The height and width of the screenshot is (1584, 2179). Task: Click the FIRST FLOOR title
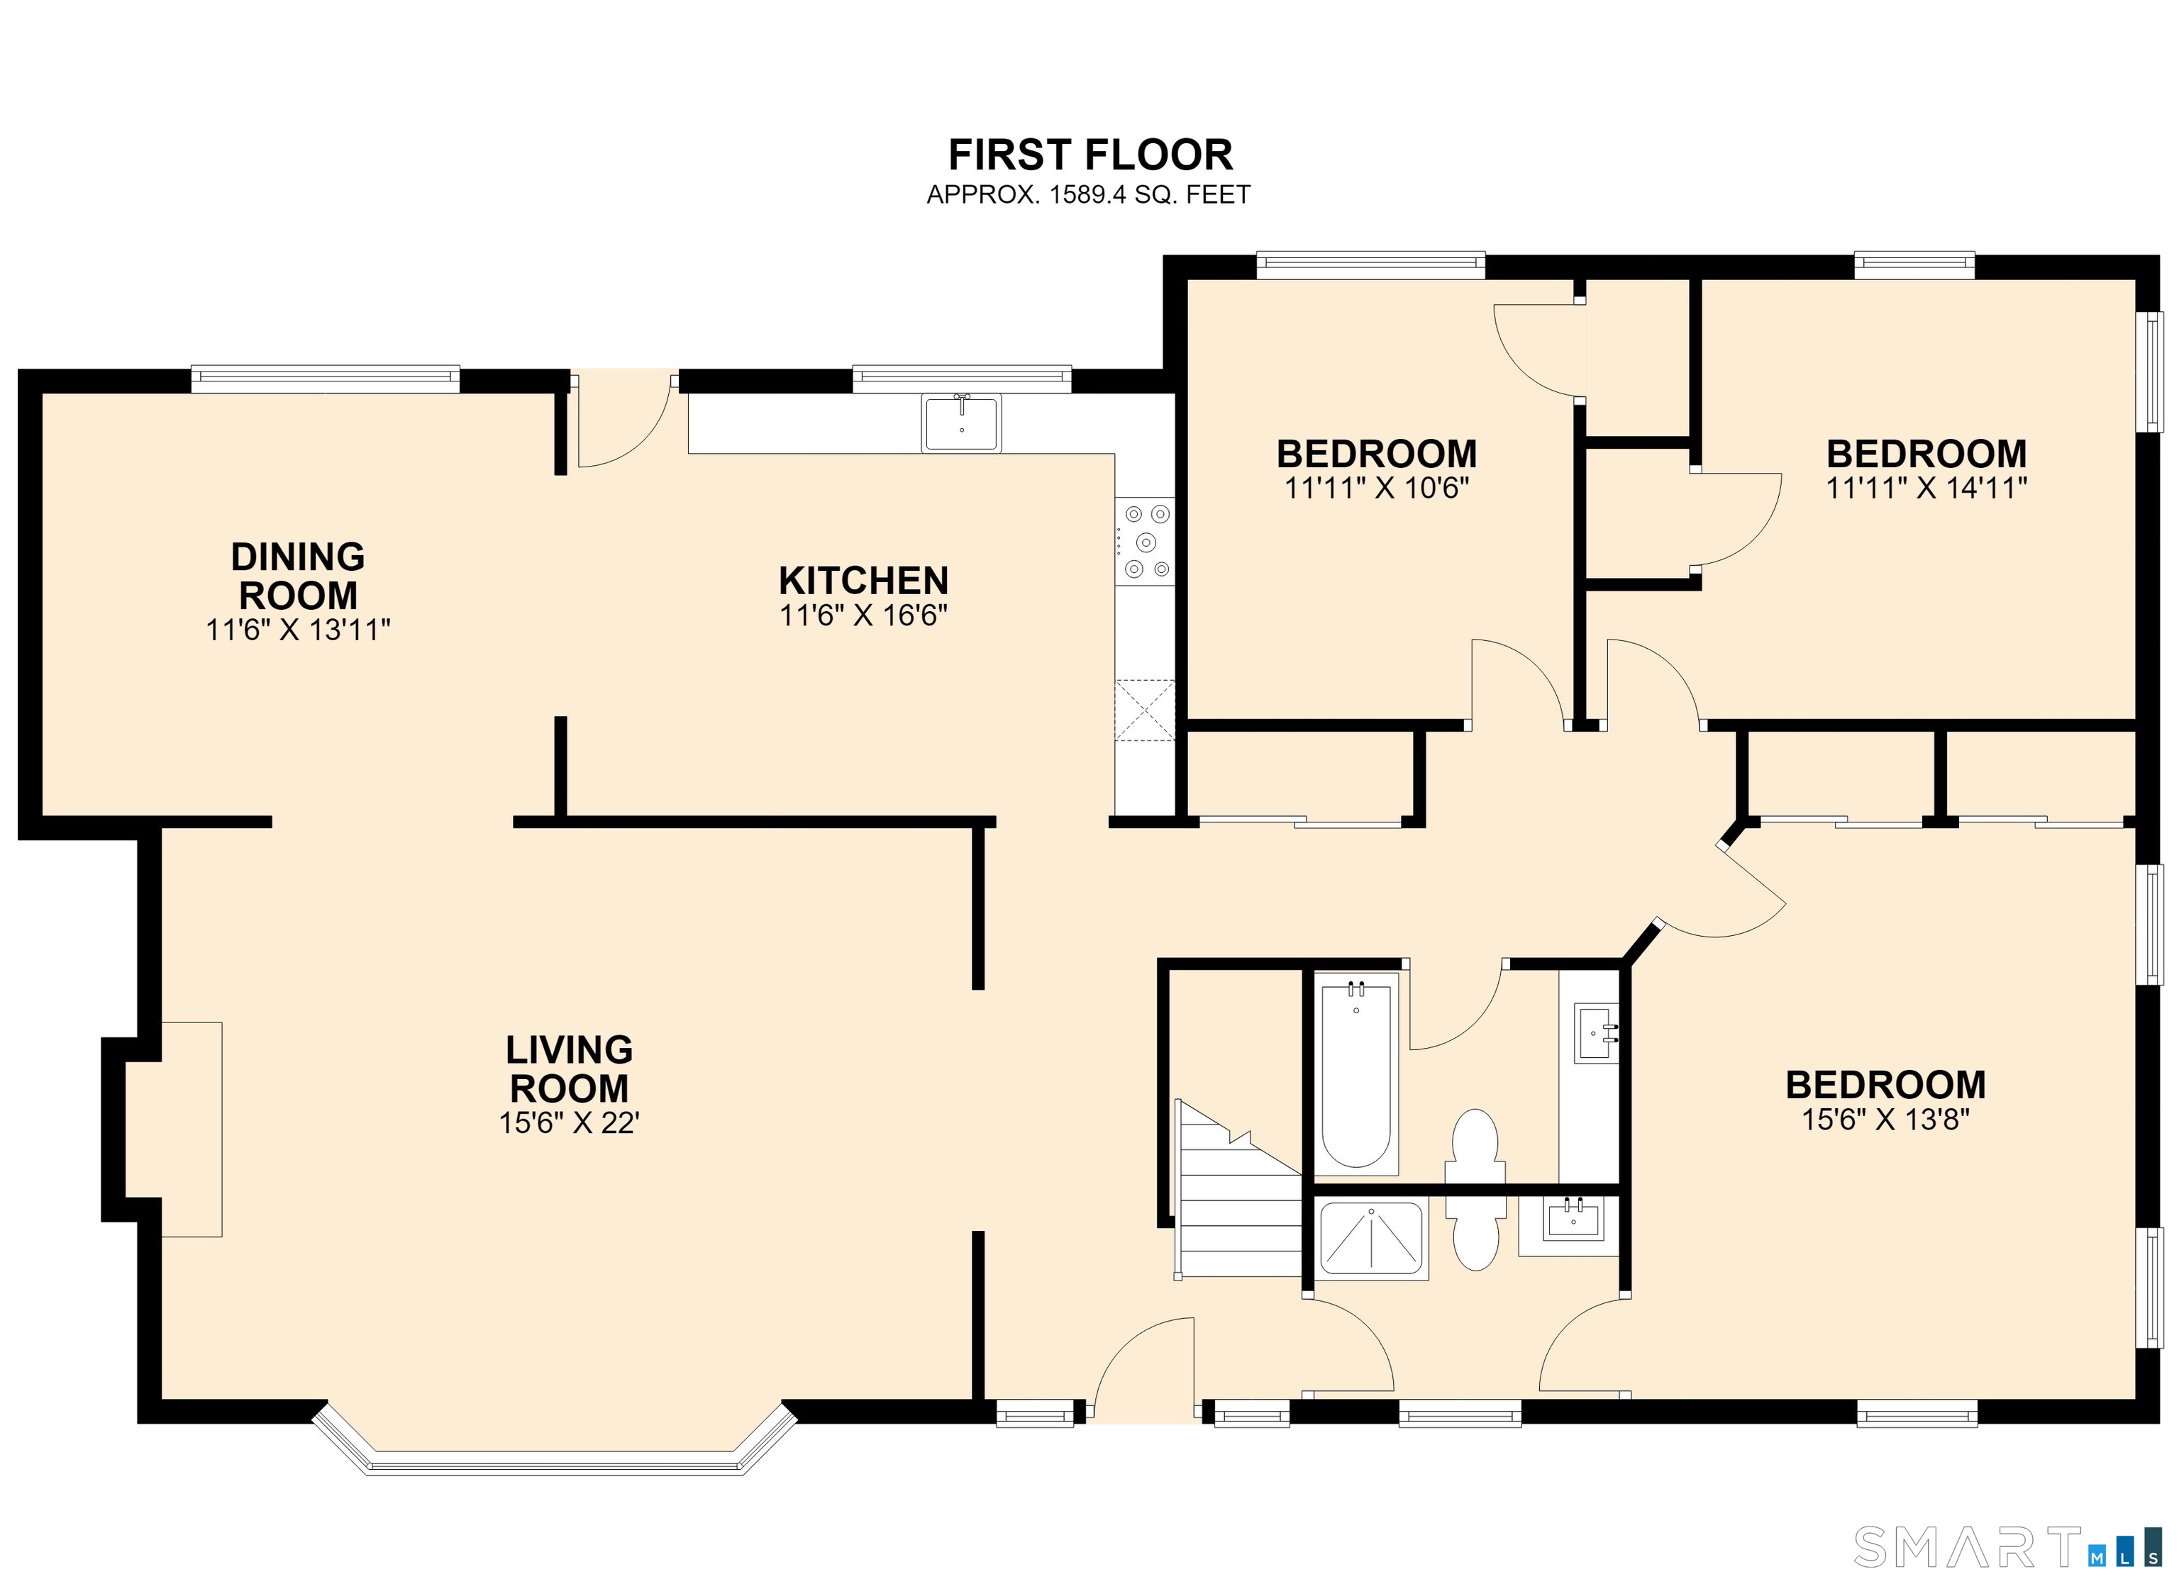[x=1089, y=155]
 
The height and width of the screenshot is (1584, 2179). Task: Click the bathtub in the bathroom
[x=1355, y=1075]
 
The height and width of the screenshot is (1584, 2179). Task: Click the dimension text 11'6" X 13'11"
[x=298, y=630]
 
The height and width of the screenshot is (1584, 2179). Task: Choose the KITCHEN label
[x=864, y=581]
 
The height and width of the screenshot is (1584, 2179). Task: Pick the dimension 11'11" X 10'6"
[x=1377, y=488]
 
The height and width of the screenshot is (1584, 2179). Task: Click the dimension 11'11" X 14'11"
[x=1926, y=488]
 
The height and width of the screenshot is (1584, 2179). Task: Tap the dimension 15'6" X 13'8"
[x=1886, y=1119]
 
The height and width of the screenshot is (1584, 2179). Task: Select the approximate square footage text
[x=1089, y=194]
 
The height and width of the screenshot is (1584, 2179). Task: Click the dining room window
[x=326, y=379]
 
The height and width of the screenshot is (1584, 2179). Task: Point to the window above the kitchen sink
[x=962, y=379]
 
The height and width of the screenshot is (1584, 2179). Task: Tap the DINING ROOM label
[x=298, y=576]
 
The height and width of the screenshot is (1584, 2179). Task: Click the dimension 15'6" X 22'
[x=569, y=1123]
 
